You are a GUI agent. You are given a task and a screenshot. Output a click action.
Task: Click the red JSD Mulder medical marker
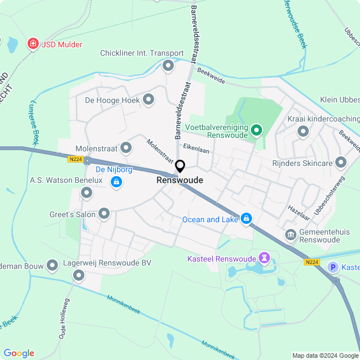coord(33,44)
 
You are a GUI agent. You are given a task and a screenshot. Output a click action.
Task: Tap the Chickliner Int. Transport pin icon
coord(168,66)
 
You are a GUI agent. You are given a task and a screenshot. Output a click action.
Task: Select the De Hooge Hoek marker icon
coord(148,100)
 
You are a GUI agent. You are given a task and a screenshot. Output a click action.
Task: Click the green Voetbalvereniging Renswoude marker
coord(256,131)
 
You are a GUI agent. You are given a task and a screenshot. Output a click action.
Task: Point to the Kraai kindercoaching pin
coord(303,132)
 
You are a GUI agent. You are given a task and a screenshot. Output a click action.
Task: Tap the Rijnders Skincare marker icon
coord(340,163)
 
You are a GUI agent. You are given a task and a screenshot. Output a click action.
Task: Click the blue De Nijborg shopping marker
coord(116,182)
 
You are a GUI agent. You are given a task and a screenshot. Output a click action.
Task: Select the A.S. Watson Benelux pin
coord(87,193)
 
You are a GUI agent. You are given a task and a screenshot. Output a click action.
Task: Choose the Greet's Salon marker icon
coord(104,213)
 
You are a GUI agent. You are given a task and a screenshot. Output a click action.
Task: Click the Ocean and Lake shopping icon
coord(246,218)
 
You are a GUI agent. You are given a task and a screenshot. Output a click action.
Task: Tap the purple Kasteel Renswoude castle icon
coord(264,258)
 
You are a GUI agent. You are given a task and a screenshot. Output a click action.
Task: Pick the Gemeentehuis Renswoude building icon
coord(291,234)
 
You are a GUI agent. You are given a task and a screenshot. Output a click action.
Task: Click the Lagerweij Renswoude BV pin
coord(78,275)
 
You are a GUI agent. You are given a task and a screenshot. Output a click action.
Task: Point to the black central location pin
coord(180,166)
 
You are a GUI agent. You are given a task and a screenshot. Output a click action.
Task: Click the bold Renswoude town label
coord(180,181)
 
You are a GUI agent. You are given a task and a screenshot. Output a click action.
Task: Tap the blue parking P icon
coord(334,267)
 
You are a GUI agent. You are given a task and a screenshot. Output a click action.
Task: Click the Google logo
coord(19,353)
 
